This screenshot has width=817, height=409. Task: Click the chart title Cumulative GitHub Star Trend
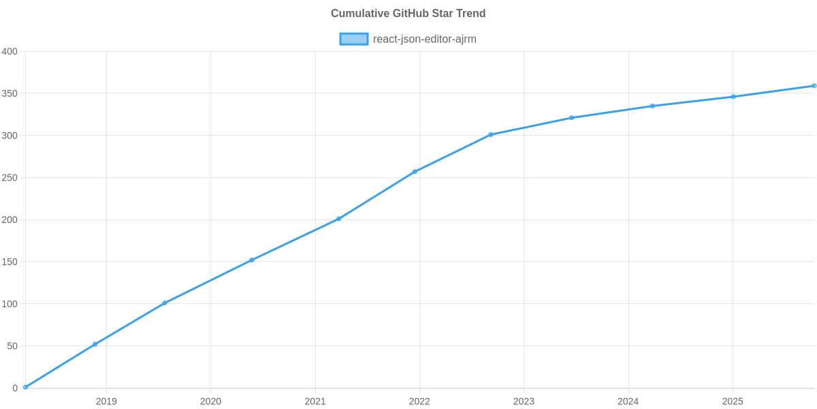tap(408, 14)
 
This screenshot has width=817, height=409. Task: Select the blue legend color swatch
tap(353, 39)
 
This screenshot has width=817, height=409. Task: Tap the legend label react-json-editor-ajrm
tap(424, 39)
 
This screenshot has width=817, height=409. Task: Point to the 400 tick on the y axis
tap(10, 52)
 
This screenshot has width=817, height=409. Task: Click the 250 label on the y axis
tap(10, 178)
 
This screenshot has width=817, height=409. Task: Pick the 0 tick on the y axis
tap(14, 389)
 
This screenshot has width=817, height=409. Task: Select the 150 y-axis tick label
tap(10, 262)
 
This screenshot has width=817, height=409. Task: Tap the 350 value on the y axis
tap(10, 93)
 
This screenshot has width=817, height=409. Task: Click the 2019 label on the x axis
tap(106, 402)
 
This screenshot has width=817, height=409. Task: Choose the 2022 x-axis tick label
tap(419, 402)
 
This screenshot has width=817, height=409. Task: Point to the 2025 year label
tap(733, 402)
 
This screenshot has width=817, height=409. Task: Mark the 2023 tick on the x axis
tap(524, 402)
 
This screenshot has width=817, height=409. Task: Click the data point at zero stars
tap(25, 387)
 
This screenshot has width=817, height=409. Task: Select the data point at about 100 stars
tap(165, 303)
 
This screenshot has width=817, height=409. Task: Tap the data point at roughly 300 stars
tap(490, 134)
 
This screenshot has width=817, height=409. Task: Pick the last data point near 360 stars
tap(814, 86)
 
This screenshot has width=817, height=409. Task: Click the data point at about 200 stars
tap(338, 219)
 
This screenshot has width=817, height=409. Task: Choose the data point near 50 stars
tap(95, 344)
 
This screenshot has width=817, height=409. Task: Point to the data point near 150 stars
tap(251, 260)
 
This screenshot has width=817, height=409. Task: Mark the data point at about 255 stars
tap(414, 172)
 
